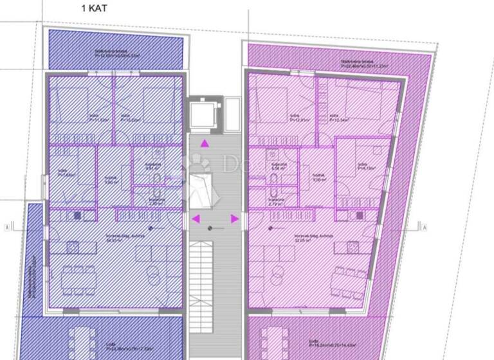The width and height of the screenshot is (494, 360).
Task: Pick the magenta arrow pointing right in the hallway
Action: [x=234, y=219]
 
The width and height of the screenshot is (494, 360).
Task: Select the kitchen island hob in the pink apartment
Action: [x=353, y=245]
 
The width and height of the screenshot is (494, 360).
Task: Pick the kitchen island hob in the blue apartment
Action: [x=73, y=246]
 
